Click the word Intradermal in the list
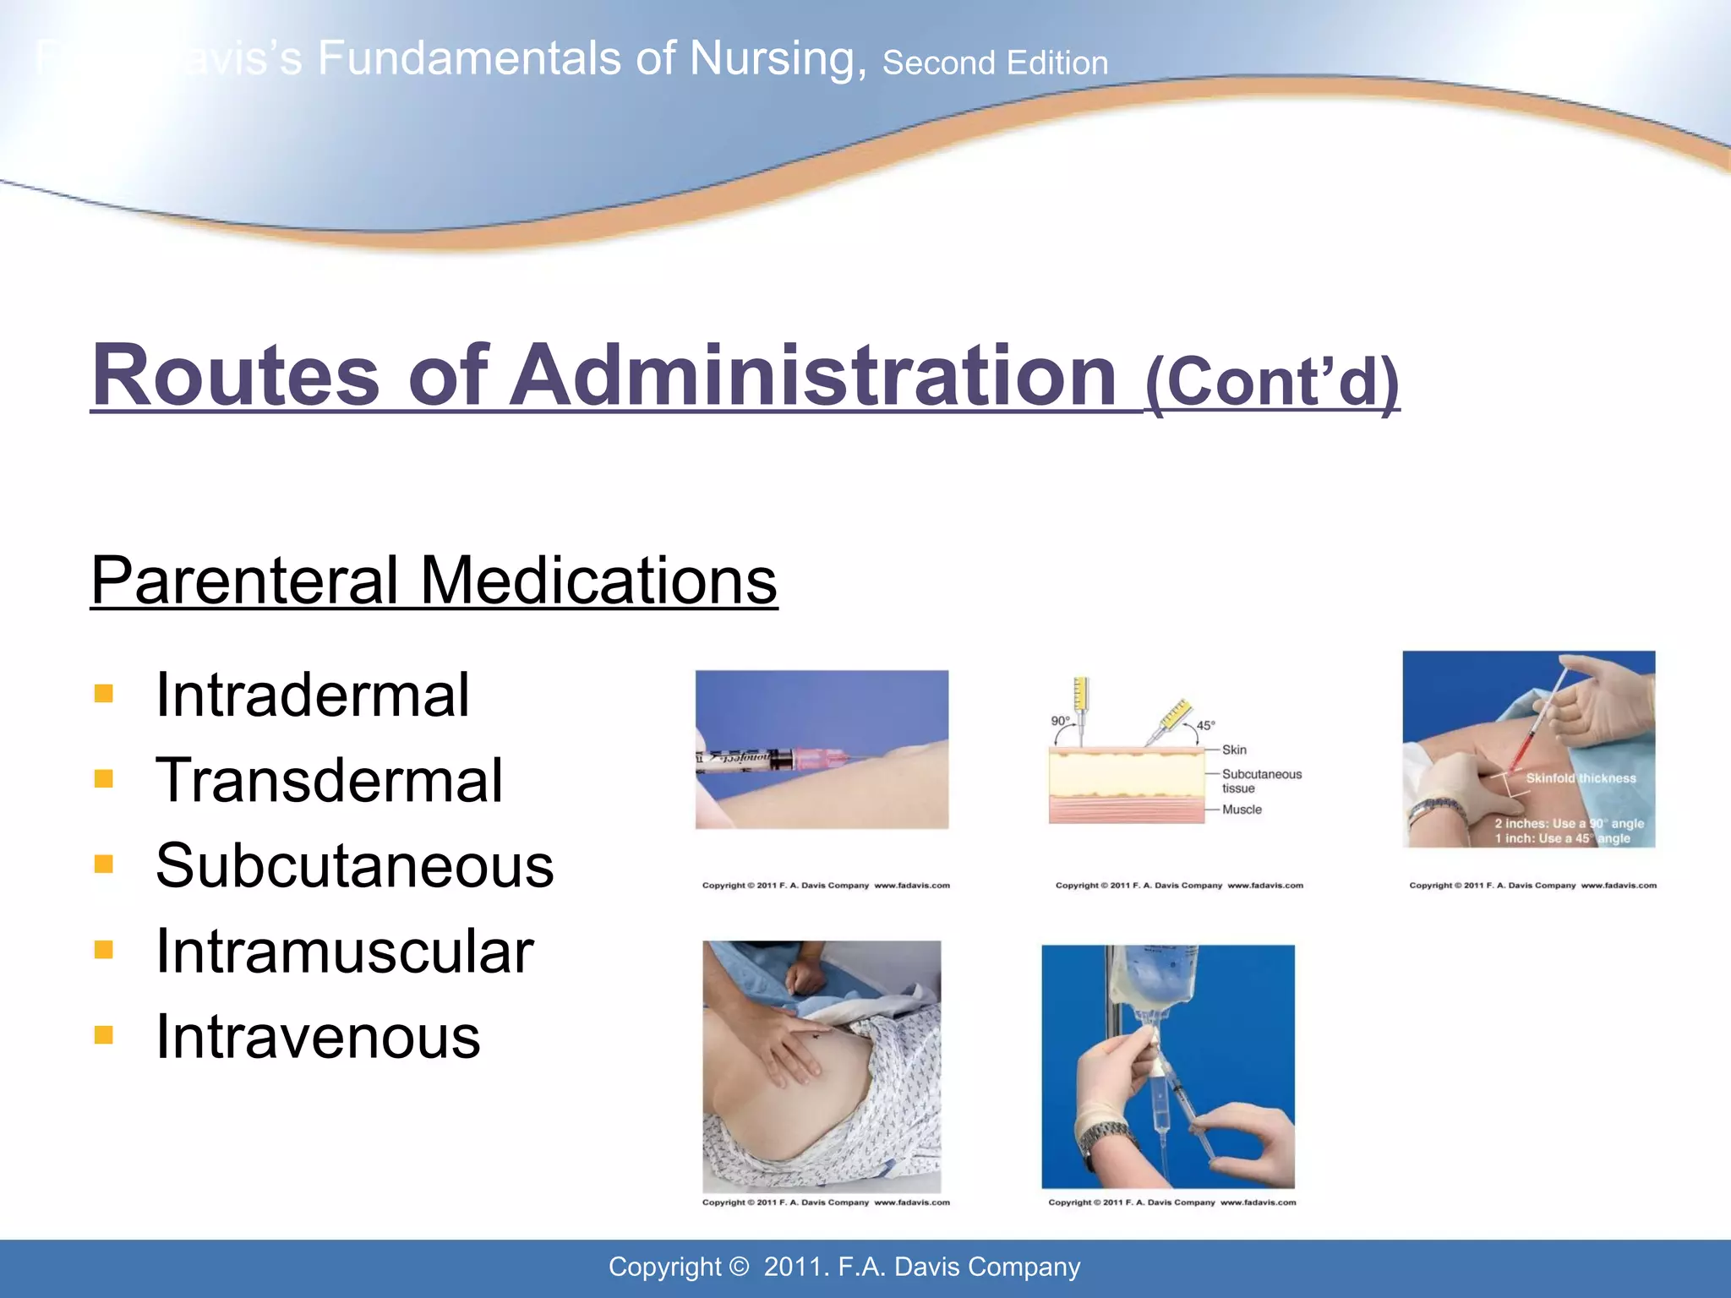click(312, 695)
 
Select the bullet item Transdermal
click(329, 780)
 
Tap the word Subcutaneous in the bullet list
click(354, 865)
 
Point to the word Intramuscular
click(344, 952)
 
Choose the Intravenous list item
click(318, 1037)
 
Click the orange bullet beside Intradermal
click(104, 694)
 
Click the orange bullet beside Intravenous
click(104, 1035)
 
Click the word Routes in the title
click(236, 375)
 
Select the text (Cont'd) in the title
click(1272, 382)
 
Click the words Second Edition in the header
click(995, 63)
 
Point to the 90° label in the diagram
click(1060, 721)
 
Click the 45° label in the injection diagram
click(1205, 725)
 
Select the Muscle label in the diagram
click(1242, 810)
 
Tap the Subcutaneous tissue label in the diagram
click(1260, 781)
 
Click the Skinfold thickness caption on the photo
click(1581, 778)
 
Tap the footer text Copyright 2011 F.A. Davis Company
click(844, 1267)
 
